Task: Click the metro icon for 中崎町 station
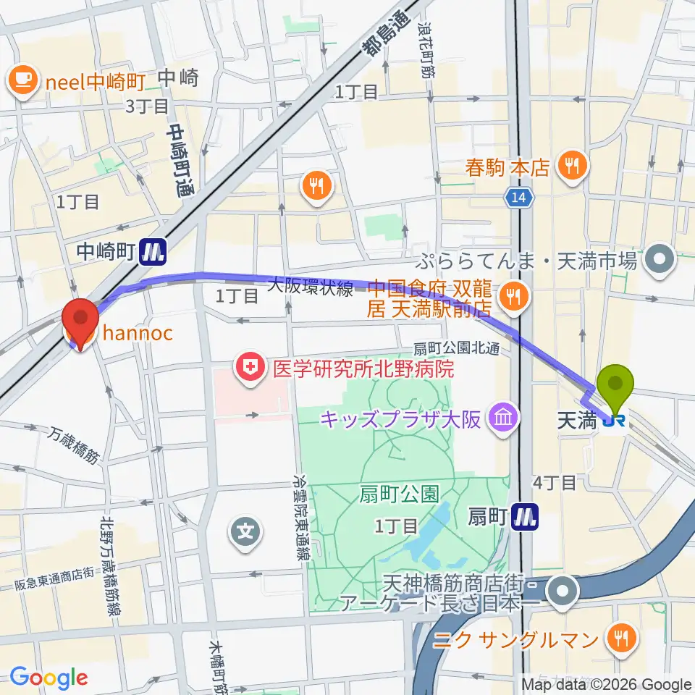154,252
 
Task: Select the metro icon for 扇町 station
526,516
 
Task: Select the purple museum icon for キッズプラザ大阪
500,417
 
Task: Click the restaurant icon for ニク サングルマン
620,639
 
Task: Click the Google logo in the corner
49,678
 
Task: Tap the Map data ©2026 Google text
606,685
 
